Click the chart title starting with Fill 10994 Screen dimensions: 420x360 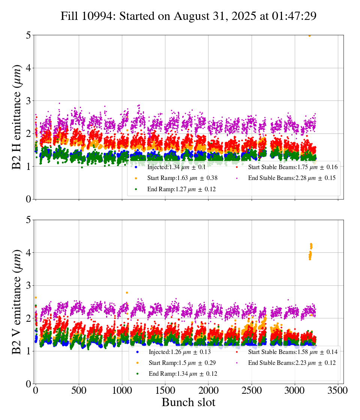click(189, 16)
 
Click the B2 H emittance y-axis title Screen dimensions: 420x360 click(16, 117)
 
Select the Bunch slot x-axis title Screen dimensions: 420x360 click(189, 403)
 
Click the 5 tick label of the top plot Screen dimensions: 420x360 click(28, 35)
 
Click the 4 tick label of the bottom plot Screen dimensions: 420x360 click(28, 252)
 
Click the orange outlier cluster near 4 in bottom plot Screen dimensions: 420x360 click(310, 251)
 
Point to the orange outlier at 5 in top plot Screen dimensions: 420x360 click(309, 36)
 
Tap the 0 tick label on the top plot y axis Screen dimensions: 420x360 click(28, 199)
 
